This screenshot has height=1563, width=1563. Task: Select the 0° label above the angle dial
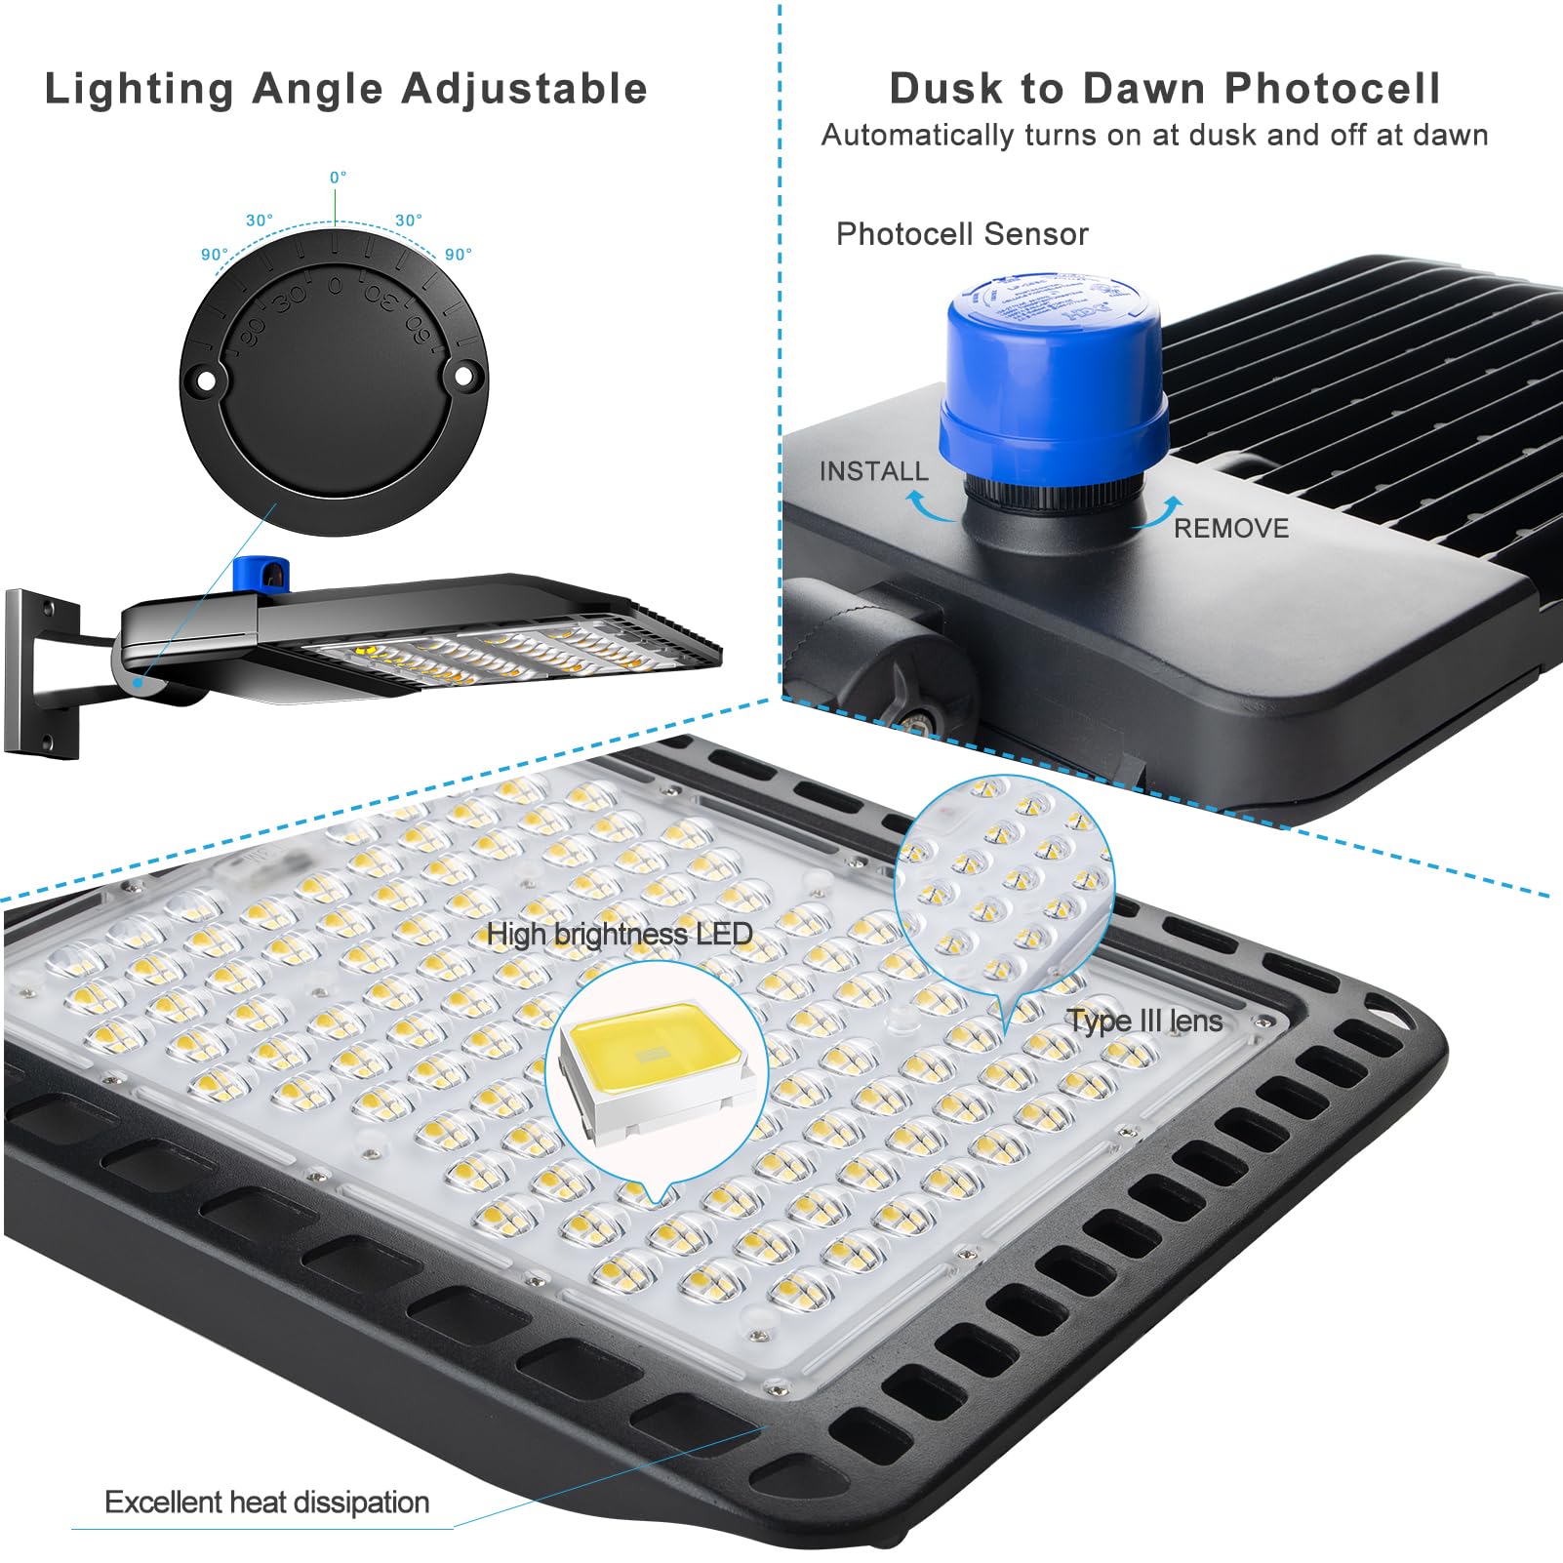(338, 178)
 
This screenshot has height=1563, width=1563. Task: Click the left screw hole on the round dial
(205, 381)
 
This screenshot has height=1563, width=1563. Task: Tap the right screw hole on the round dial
(465, 374)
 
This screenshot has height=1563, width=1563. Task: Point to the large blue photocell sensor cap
(1054, 381)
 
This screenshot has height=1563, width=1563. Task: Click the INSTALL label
(873, 471)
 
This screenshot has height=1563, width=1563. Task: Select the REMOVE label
(1230, 528)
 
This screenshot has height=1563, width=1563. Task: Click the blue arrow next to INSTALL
(927, 506)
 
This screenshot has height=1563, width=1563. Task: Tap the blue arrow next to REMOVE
(1161, 512)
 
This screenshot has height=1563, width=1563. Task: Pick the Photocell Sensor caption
(961, 234)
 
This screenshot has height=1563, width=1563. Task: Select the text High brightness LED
(620, 934)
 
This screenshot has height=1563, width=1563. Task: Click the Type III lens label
(1144, 1022)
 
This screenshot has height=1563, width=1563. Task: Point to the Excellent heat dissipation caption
(266, 1502)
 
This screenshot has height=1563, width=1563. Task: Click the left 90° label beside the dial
(214, 255)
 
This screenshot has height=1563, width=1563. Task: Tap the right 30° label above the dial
(409, 220)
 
